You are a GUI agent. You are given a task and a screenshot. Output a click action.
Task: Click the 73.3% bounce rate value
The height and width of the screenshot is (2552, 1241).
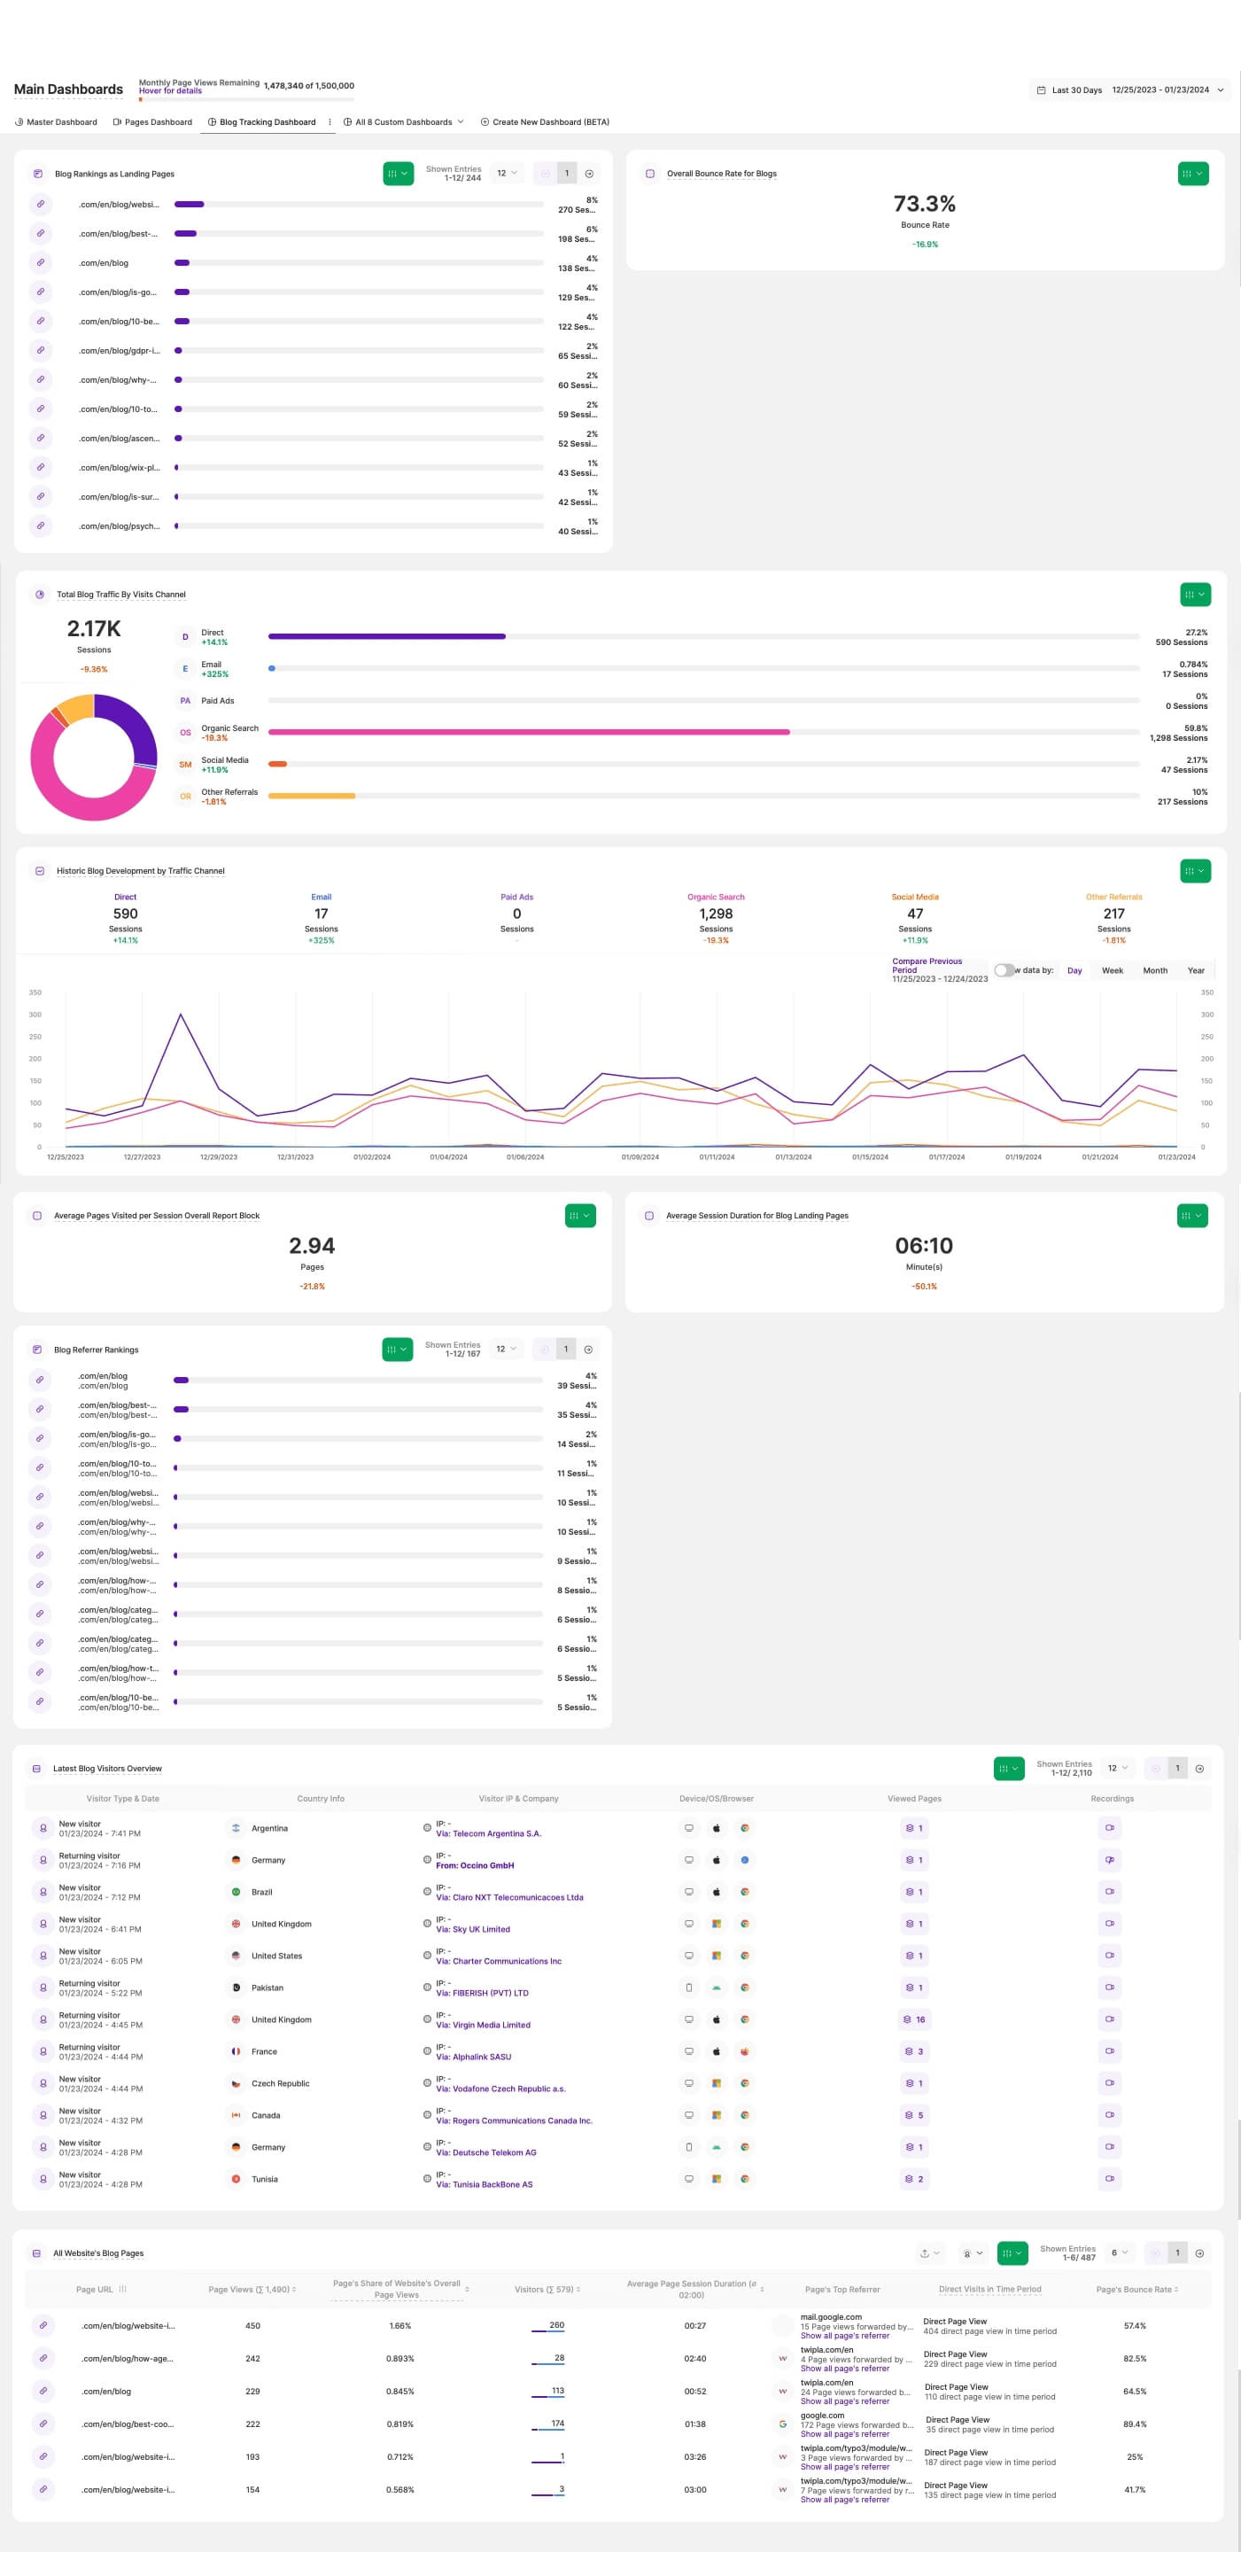click(924, 204)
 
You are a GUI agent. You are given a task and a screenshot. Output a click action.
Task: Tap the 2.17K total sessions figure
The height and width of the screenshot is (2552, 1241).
click(94, 628)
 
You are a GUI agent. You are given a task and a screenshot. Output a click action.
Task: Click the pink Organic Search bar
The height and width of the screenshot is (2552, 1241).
click(529, 732)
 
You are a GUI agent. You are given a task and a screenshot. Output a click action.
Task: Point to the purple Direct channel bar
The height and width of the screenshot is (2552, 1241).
click(386, 636)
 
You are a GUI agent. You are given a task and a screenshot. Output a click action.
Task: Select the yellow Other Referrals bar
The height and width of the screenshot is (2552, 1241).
click(311, 796)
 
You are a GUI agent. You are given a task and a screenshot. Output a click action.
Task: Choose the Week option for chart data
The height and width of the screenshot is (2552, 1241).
click(1113, 971)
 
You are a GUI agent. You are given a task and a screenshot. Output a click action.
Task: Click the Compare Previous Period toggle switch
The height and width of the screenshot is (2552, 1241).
click(1004, 971)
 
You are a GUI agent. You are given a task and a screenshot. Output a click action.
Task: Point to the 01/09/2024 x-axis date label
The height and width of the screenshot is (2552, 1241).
click(640, 1157)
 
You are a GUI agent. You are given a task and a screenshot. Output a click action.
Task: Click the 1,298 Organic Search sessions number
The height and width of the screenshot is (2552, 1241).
click(715, 914)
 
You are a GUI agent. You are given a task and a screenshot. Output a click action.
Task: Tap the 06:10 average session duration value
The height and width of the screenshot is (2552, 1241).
click(923, 1245)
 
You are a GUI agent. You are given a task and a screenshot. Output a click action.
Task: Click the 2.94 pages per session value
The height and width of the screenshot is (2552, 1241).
click(312, 1245)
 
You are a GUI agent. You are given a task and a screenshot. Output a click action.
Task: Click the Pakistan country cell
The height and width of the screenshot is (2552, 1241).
click(267, 1988)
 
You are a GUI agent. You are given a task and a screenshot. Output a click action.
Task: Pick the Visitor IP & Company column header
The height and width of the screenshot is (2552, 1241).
click(518, 1798)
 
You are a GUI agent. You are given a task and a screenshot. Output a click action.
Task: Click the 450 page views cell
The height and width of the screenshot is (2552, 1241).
click(252, 2325)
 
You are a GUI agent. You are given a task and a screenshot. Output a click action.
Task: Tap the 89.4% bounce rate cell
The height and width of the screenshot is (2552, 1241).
click(1134, 2424)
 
